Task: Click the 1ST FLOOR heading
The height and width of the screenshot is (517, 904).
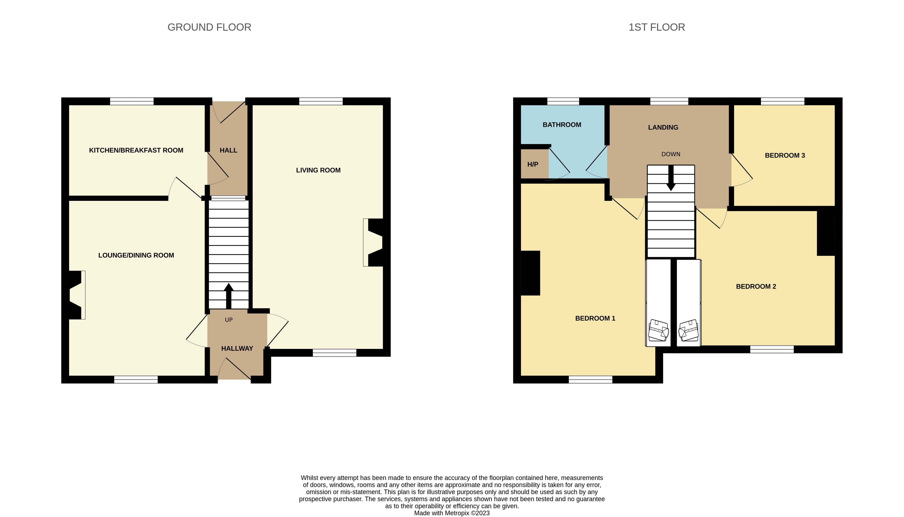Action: (657, 27)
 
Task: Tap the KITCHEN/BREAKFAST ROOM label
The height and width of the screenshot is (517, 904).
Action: (136, 150)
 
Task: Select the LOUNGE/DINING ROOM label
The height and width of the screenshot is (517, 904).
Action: (136, 255)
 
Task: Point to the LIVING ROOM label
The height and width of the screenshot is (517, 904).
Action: (318, 170)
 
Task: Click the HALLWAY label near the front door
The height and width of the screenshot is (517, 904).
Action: (237, 348)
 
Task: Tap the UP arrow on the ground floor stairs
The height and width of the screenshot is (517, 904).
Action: (229, 296)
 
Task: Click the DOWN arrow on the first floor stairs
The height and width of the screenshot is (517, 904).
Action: (671, 178)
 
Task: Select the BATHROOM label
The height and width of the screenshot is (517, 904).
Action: (562, 125)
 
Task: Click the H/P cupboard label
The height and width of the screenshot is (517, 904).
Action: (533, 164)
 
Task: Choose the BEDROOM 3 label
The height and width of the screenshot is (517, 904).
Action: (785, 155)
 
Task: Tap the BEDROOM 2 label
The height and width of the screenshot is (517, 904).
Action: (756, 287)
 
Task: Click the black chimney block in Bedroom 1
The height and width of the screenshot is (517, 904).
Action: (530, 273)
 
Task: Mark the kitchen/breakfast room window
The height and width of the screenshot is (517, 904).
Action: (132, 102)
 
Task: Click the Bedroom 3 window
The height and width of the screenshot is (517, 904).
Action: (783, 102)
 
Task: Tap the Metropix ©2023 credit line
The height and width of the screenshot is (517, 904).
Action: (452, 513)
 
